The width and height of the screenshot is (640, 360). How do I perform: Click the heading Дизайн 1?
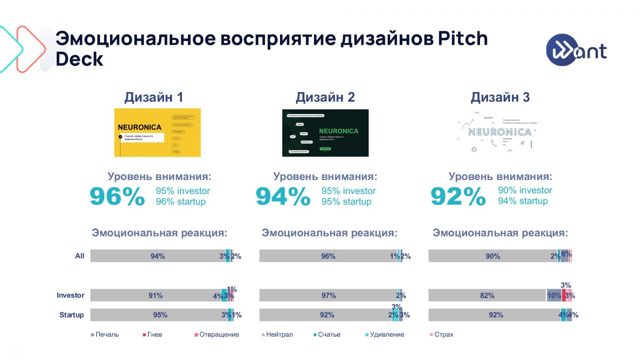coord(154,97)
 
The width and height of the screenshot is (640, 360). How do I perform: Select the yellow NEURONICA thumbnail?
coord(157,132)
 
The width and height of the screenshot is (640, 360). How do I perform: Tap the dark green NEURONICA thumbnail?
coord(325,133)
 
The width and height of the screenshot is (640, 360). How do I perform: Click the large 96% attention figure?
coord(117,196)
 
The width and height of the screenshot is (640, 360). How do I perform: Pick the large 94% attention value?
coord(283,196)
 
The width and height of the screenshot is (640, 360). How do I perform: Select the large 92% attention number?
coord(458,196)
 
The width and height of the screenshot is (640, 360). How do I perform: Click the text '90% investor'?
coord(525,190)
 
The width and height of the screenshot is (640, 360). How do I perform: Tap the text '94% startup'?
coord(523,201)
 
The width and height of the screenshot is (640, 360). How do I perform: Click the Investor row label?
coord(70,295)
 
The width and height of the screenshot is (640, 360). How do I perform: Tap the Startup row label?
coord(72,315)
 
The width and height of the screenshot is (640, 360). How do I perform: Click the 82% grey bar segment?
coord(487,295)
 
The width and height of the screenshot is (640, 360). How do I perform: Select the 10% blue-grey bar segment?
coord(554,295)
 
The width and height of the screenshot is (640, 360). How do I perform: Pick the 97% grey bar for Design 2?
coord(328,295)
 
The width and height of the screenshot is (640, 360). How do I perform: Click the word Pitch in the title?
coord(463,39)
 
